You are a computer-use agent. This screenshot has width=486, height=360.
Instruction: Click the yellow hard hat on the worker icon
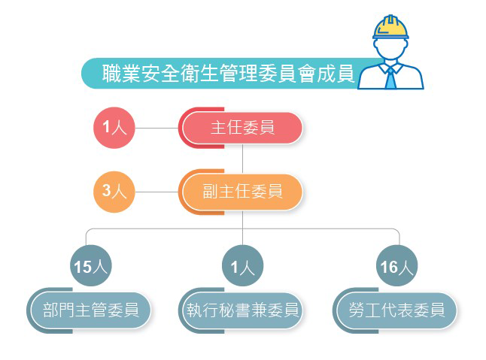coord(391,26)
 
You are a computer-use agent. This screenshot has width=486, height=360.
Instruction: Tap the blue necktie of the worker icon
coord(390,76)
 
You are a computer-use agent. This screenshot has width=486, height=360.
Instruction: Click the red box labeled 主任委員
coord(241,128)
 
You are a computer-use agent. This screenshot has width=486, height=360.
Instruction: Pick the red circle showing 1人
coord(114,128)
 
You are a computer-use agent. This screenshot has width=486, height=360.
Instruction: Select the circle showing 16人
coord(397,265)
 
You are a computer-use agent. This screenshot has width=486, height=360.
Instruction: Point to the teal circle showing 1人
coord(242,265)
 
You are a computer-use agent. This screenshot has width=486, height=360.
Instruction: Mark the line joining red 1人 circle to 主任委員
coord(156,128)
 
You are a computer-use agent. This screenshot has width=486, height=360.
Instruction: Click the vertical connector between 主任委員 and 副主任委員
coord(242,159)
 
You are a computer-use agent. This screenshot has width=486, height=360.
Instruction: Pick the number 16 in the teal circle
coord(391,265)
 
